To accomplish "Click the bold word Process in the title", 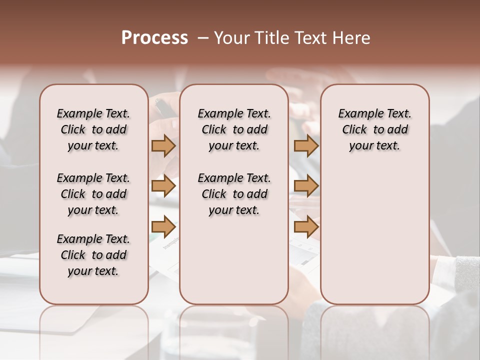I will point(154,38).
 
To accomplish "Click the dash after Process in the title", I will point(202,38).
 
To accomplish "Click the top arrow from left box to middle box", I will point(163,145).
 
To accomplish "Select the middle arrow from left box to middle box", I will point(163,186).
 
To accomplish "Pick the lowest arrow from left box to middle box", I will point(163,226).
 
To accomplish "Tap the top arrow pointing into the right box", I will point(306,145).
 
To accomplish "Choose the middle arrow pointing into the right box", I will point(306,186).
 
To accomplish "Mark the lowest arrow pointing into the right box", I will point(306,226).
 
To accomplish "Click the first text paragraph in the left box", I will point(93,129).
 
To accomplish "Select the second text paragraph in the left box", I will point(93,194).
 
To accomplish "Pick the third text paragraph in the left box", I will point(93,255).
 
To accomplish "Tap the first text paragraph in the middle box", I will point(234,129).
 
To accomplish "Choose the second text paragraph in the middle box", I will point(234,194).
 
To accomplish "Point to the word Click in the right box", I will point(354,130).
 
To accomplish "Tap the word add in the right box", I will point(397,130).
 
